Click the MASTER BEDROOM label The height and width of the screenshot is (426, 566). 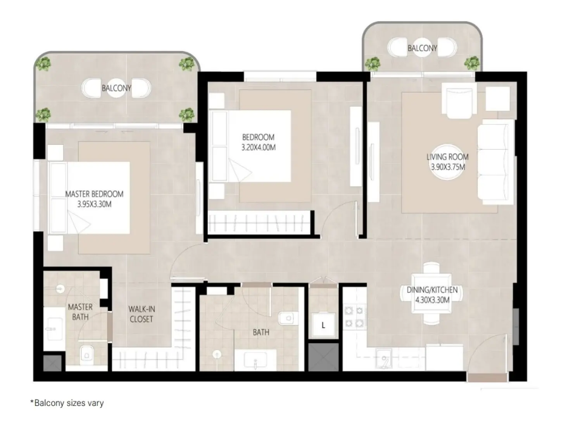point(94,194)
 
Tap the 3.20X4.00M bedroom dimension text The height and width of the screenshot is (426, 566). point(258,148)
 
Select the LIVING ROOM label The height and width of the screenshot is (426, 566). point(447,157)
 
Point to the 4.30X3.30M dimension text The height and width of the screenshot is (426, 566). point(432,300)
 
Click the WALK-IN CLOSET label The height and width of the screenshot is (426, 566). point(141,314)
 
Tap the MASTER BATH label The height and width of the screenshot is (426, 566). point(80,312)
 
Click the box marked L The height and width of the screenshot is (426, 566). point(323,325)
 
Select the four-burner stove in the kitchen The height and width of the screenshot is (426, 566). point(355,316)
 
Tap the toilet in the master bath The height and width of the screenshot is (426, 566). point(86,354)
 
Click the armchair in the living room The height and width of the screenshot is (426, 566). point(459,101)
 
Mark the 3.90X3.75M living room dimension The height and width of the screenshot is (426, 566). point(448,167)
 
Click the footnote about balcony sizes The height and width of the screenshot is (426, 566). point(67,403)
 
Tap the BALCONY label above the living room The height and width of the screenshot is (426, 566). point(422,48)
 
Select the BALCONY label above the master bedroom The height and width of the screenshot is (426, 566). point(116,88)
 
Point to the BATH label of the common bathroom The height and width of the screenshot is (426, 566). point(261,332)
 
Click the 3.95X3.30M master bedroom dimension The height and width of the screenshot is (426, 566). point(94,204)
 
